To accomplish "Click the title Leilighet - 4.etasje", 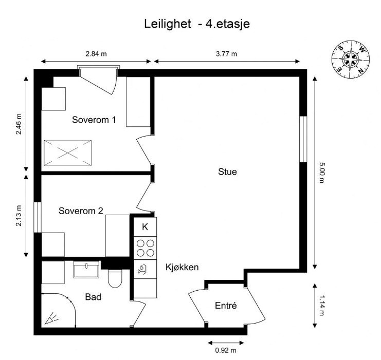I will click(197, 24).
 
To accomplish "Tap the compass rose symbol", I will click(351, 59).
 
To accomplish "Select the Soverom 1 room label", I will click(94, 120).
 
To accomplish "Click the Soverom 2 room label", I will click(81, 211).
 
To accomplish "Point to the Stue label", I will click(227, 172).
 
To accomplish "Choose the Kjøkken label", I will click(182, 267).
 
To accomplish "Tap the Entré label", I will click(225, 306).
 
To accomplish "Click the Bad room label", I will click(93, 296).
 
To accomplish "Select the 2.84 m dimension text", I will click(96, 54).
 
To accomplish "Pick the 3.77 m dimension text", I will click(226, 54).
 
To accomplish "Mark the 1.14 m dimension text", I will click(322, 305).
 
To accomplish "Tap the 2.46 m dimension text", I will click(19, 124).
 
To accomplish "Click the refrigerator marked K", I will click(145, 226).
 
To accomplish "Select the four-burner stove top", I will click(145, 248).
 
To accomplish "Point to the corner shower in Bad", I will click(56, 311).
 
